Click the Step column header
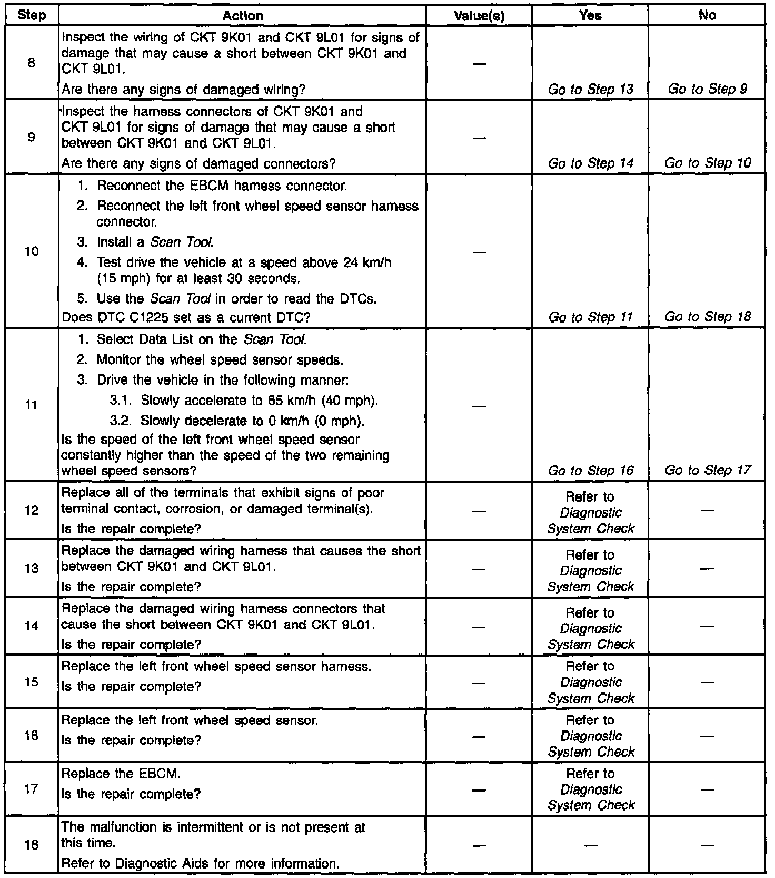click(x=32, y=15)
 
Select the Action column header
click(x=243, y=15)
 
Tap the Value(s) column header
click(x=479, y=16)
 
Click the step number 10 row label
click(x=32, y=251)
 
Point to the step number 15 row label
click(x=32, y=682)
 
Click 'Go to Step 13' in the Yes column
click(x=590, y=90)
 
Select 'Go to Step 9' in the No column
click(x=707, y=89)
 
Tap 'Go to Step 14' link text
click(x=590, y=163)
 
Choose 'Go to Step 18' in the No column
click(x=707, y=317)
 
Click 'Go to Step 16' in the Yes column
click(x=590, y=471)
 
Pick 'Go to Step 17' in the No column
click(x=707, y=470)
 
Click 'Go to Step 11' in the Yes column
click(x=590, y=317)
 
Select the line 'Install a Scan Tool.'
click(x=155, y=242)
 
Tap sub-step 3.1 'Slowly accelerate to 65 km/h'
click(x=260, y=401)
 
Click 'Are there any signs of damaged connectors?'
click(x=198, y=164)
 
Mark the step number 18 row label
click(x=32, y=845)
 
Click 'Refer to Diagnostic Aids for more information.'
click(x=200, y=864)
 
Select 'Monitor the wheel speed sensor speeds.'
click(x=220, y=360)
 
